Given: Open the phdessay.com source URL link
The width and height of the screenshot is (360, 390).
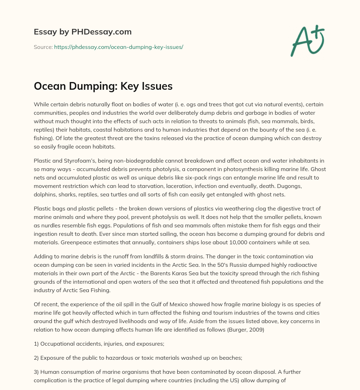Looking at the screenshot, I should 118,47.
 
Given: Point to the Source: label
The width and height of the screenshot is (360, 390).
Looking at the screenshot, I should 43,47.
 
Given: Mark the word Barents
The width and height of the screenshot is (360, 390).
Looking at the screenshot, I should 201,274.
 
